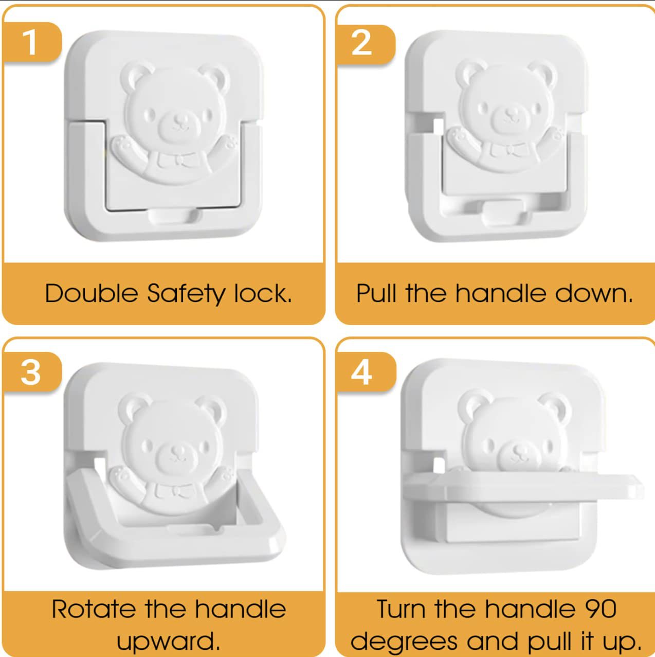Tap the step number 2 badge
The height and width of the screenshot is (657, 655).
pos(364,44)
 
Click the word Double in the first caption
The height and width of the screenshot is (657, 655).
pos(92,293)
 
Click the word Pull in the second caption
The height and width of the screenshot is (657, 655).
pos(376,293)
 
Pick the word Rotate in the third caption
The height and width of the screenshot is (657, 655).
pos(94,609)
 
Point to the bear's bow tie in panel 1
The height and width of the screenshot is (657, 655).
pos(178,159)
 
